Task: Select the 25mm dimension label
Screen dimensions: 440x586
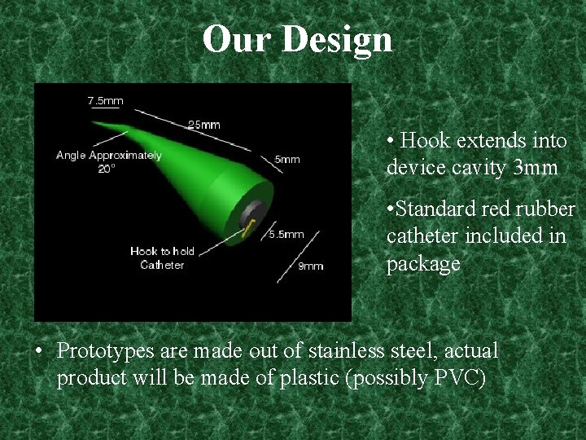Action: click(203, 125)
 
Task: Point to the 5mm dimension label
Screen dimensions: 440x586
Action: click(286, 159)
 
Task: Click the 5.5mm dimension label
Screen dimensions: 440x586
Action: click(286, 234)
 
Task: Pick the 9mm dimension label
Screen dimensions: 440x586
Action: click(310, 266)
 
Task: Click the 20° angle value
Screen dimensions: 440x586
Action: click(107, 169)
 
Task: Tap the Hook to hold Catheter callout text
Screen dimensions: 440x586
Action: click(162, 257)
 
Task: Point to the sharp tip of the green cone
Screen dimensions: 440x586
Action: click(94, 124)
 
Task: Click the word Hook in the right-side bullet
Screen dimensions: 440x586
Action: click(426, 141)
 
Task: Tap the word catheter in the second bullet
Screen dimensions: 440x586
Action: click(418, 236)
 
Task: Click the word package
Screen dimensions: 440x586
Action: click(423, 264)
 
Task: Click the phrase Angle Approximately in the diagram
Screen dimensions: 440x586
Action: click(108, 155)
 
